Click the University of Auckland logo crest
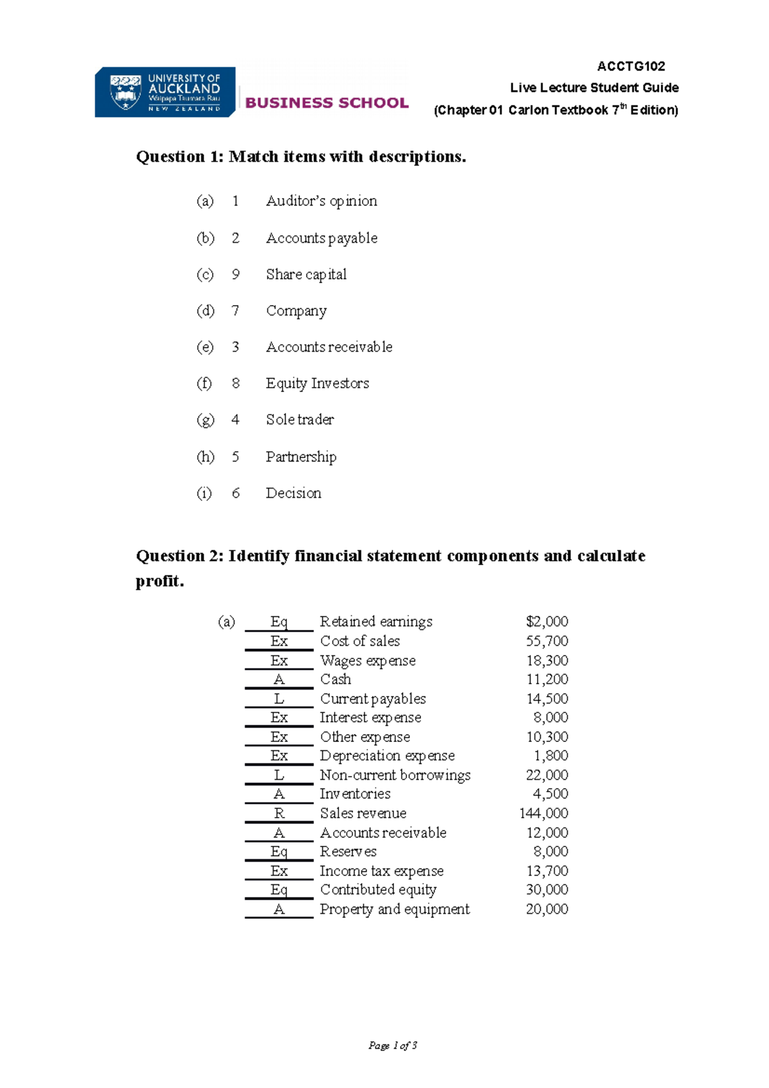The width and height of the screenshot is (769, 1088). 125,92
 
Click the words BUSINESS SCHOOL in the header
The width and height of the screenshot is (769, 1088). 327,103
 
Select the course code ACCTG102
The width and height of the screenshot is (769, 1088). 631,66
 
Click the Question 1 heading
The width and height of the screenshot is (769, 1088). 301,156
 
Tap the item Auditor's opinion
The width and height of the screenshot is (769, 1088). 321,201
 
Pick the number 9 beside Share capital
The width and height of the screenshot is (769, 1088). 236,274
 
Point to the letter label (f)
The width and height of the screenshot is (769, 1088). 204,383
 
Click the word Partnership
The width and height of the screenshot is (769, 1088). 301,457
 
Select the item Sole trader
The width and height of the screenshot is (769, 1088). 300,420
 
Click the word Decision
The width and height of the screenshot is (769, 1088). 294,493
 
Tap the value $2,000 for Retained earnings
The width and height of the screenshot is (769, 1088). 547,622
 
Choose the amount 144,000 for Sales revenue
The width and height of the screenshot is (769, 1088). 543,813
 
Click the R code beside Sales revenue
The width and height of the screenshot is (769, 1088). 279,813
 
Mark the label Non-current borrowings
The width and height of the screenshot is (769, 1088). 395,775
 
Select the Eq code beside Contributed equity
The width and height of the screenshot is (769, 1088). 279,889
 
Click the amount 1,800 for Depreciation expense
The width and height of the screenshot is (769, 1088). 550,756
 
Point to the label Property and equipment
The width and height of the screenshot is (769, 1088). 394,909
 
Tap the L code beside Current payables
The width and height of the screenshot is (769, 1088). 279,699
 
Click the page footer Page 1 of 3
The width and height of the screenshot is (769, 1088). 393,1046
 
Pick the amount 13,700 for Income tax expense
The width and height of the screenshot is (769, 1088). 547,871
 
